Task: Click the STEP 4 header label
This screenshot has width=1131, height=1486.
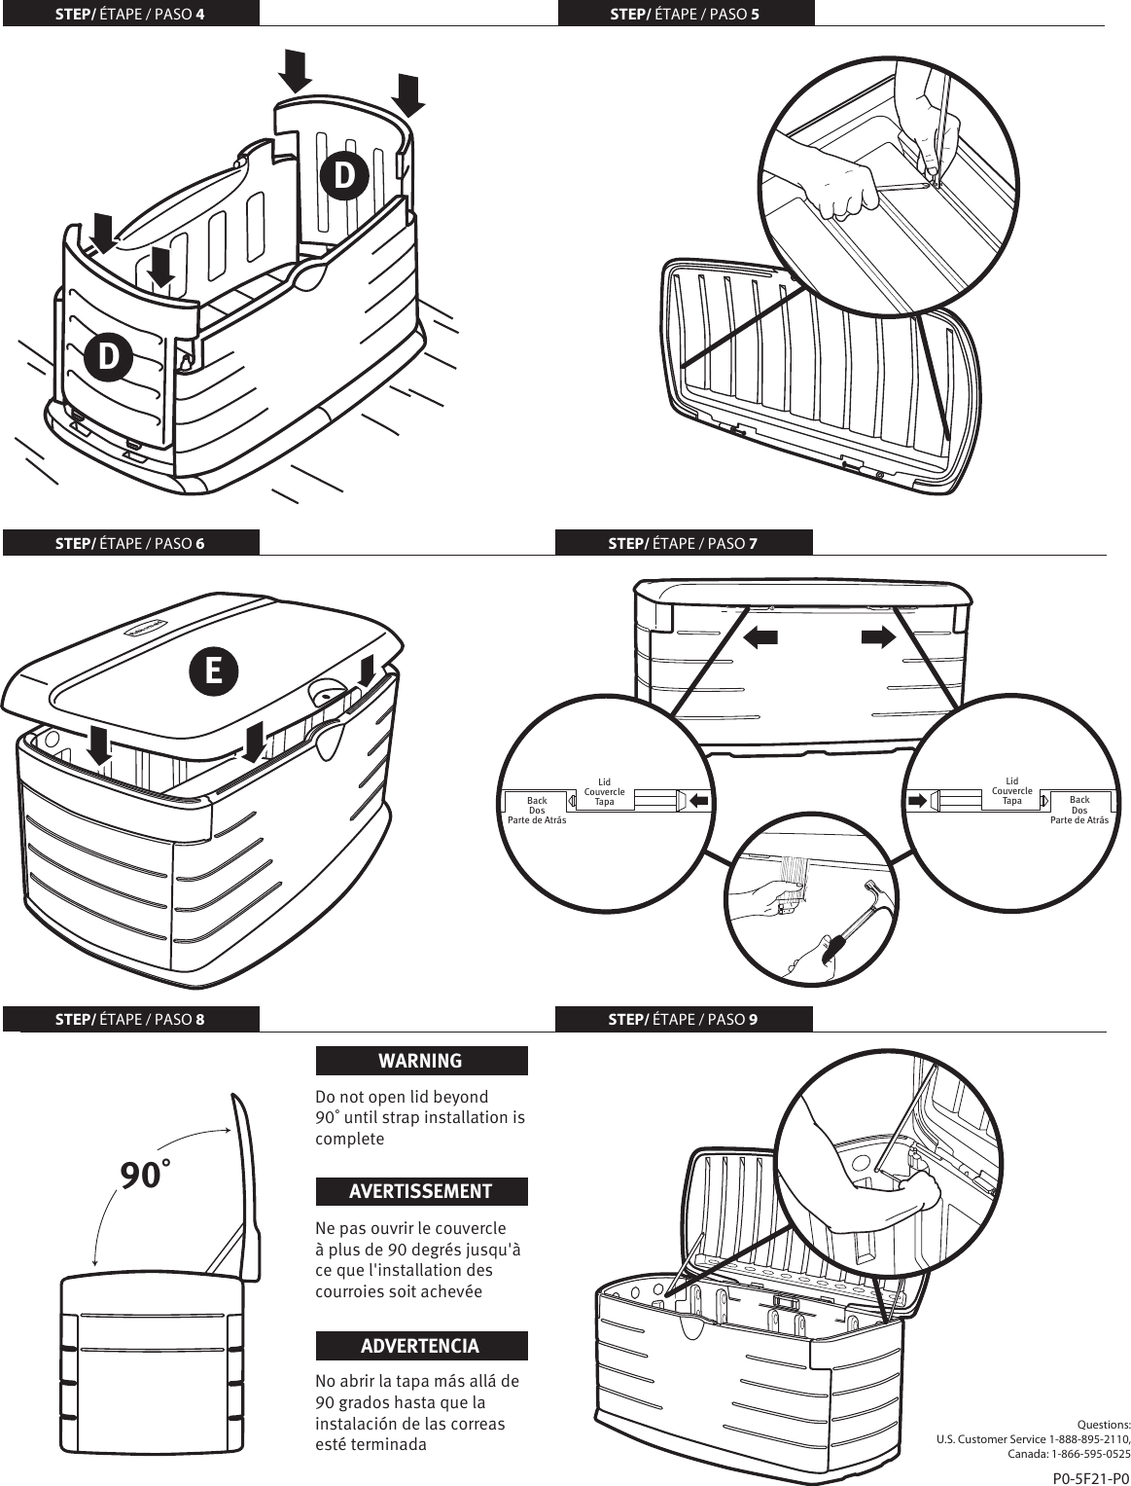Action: pos(130,14)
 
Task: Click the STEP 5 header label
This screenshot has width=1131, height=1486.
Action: pos(685,14)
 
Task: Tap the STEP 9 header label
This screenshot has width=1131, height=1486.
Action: pos(683,1019)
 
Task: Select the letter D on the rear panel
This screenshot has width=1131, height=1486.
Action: pos(345,176)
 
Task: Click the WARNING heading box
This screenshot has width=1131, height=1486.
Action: pos(421,1061)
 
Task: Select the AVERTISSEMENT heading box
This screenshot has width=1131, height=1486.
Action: pos(421,1191)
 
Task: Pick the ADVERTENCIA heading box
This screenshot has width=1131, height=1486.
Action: pos(421,1346)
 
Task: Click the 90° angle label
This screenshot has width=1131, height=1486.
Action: pos(144,1175)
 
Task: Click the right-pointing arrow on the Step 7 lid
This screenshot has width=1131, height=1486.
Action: pos(877,637)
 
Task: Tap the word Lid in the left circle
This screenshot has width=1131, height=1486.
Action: pos(604,781)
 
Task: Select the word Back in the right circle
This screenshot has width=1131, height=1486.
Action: pos(1079,800)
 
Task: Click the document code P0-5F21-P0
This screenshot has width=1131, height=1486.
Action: pos(1091,1478)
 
